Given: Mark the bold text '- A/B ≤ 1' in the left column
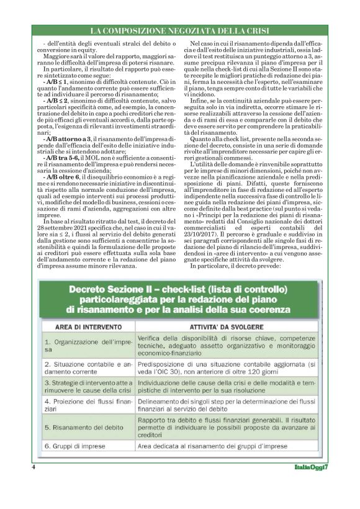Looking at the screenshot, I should pyautogui.click(x=56, y=82).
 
